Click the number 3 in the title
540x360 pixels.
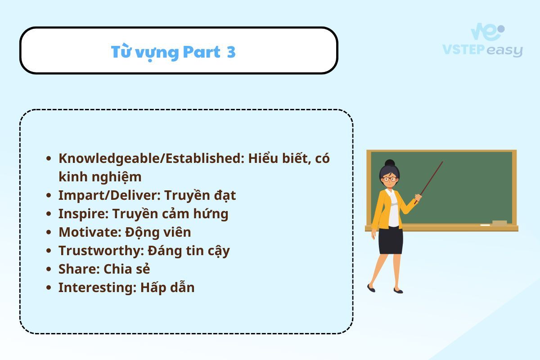tap(231, 52)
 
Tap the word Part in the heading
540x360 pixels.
tap(202, 52)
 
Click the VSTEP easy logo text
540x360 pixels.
tap(482, 50)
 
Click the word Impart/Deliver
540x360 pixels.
tap(109, 195)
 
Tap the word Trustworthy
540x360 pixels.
tap(101, 251)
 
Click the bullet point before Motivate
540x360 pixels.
tap(49, 233)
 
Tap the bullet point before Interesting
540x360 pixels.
tap(49, 288)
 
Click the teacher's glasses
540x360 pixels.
tap(389, 179)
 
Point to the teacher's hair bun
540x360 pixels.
tap(390, 163)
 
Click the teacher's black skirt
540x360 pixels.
tap(391, 240)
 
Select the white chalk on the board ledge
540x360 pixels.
tap(485, 225)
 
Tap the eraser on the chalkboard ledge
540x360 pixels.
tap(499, 223)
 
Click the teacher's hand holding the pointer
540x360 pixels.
tap(418, 198)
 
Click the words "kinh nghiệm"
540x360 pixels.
tap(100, 177)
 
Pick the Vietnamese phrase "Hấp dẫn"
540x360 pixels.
tap(167, 288)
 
